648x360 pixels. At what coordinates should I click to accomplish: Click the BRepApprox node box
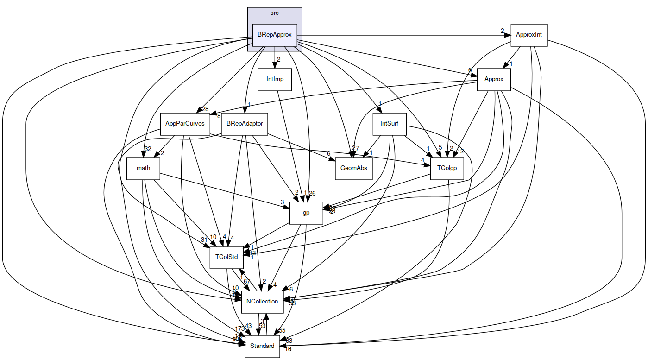[274, 35]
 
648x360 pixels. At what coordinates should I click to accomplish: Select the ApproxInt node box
[528, 35]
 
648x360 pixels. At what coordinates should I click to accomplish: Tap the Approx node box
[494, 79]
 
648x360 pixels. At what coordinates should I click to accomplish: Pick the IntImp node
[275, 79]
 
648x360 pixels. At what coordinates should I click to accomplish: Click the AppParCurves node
[185, 124]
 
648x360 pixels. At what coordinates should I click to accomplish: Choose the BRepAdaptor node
[245, 124]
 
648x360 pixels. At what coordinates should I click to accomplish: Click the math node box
[143, 168]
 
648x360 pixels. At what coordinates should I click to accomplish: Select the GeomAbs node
[354, 168]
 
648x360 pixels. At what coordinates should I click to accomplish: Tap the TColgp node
[447, 168]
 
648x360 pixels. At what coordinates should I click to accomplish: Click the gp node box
[306, 213]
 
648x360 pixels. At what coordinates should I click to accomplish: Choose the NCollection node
[262, 302]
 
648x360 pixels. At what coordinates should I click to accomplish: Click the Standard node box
[262, 346]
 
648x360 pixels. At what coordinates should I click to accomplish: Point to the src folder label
[274, 13]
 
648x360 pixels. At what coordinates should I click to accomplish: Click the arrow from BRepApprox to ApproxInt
[403, 35]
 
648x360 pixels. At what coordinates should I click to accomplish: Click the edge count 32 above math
[148, 149]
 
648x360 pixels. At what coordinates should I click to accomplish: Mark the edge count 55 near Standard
[282, 331]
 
